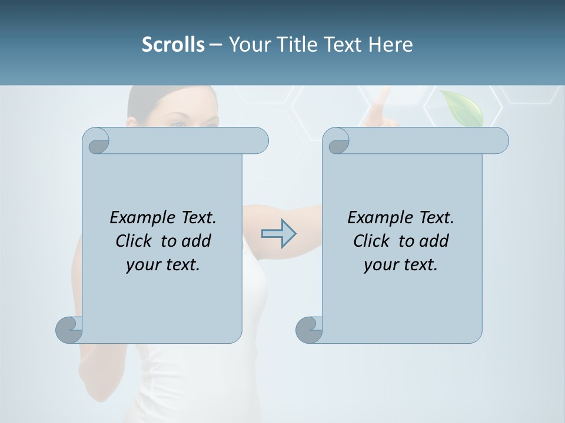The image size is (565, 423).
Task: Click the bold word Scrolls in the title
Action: pos(173,45)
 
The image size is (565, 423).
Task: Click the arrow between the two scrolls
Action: pos(278,234)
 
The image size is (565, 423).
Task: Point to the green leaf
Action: pos(463,108)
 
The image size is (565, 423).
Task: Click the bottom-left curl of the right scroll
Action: pos(310,329)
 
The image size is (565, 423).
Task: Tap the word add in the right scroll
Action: pos(434,241)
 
